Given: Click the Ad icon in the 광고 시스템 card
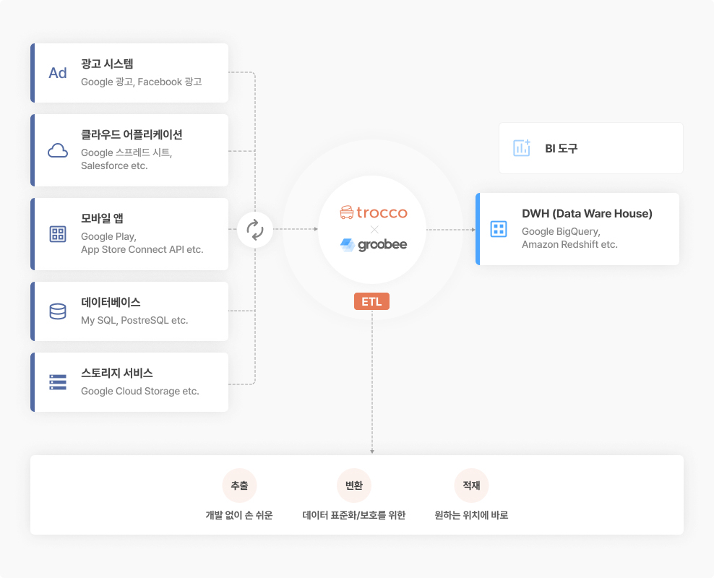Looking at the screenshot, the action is (x=58, y=73).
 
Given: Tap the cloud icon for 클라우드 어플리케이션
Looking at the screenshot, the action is (x=58, y=150).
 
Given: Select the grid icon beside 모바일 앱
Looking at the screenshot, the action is (x=58, y=234).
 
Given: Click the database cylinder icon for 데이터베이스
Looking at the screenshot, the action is (x=58, y=311).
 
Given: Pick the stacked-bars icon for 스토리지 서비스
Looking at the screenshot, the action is (x=58, y=382).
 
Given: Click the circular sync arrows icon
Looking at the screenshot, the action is (x=255, y=229).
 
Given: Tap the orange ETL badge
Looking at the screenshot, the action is (x=371, y=301).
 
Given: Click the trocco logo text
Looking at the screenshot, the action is (x=382, y=212).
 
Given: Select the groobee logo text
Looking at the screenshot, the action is (x=382, y=245).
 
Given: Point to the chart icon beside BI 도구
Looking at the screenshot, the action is (x=522, y=148).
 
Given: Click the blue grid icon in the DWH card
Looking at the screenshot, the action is (x=499, y=229).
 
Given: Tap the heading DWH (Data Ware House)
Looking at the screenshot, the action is (x=587, y=213).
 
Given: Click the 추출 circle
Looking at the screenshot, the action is (x=239, y=486).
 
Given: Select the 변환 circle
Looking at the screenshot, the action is (x=354, y=486).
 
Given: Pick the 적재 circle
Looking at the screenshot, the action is (x=471, y=486).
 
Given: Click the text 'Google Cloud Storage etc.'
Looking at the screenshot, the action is (x=140, y=391).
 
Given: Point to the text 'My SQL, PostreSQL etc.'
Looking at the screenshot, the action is (x=134, y=320).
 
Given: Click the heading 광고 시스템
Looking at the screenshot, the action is (x=107, y=64).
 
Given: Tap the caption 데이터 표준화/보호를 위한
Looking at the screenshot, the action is (x=354, y=515).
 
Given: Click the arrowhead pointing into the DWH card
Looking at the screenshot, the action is (x=473, y=229).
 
